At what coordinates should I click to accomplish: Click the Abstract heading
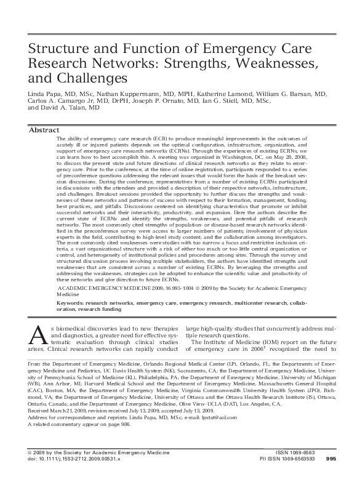click(44, 131)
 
